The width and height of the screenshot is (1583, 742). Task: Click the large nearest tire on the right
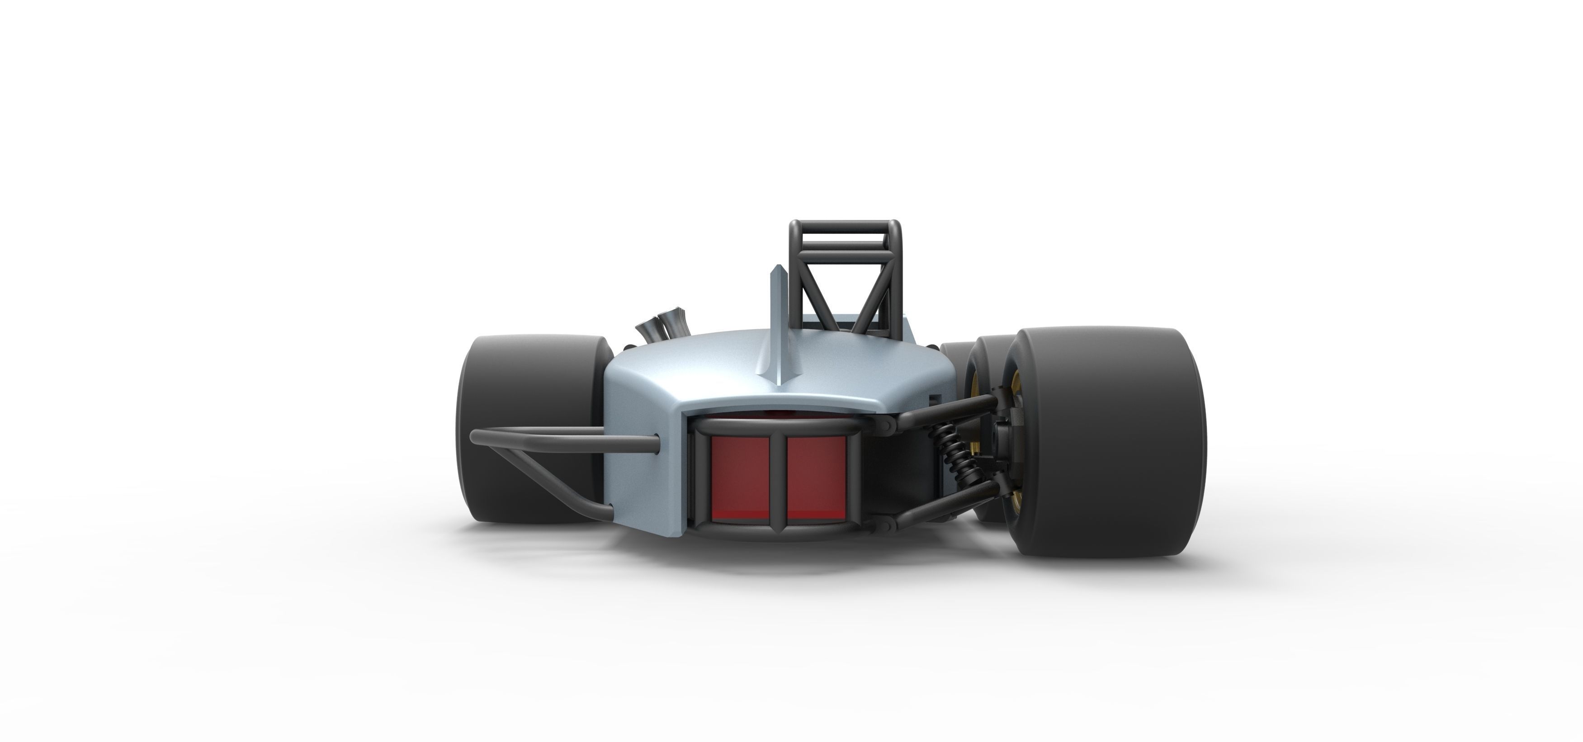[x=1112, y=443]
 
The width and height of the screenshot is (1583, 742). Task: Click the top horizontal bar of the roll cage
[x=846, y=226]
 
